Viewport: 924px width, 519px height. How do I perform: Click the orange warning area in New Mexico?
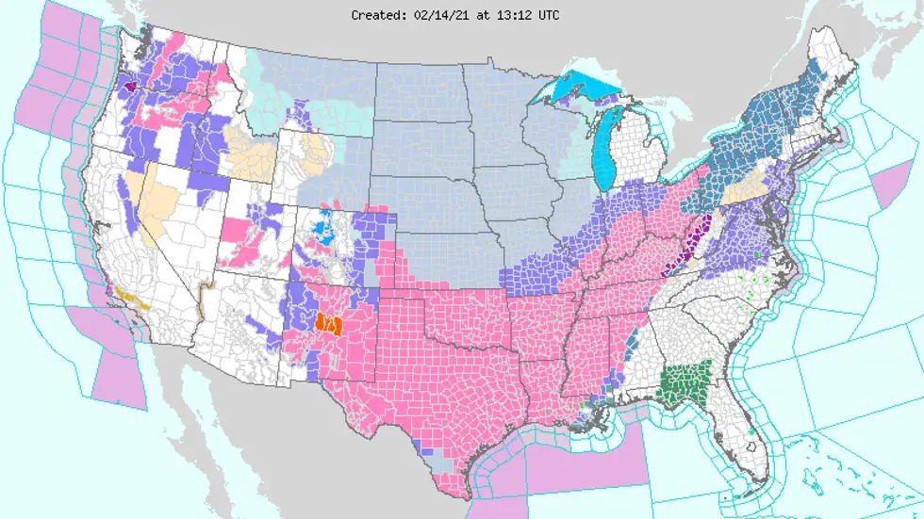click(329, 323)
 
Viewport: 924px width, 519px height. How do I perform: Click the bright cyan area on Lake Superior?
click(580, 89)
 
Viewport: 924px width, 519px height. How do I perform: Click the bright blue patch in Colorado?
click(323, 230)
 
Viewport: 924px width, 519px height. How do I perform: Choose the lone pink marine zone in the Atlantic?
click(887, 187)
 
